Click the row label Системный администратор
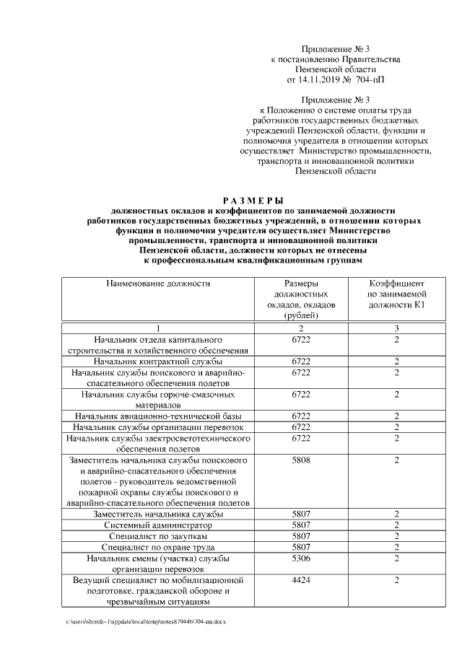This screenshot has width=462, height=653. click(158, 525)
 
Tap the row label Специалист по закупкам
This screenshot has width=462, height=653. click(158, 537)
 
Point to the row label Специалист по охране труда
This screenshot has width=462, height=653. click(158, 548)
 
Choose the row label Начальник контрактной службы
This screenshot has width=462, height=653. click(158, 361)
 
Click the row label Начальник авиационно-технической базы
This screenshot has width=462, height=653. click(158, 416)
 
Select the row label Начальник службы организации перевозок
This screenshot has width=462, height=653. click(158, 427)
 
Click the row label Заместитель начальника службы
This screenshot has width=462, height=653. click(158, 514)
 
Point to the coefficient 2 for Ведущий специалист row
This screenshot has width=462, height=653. click(396, 580)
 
